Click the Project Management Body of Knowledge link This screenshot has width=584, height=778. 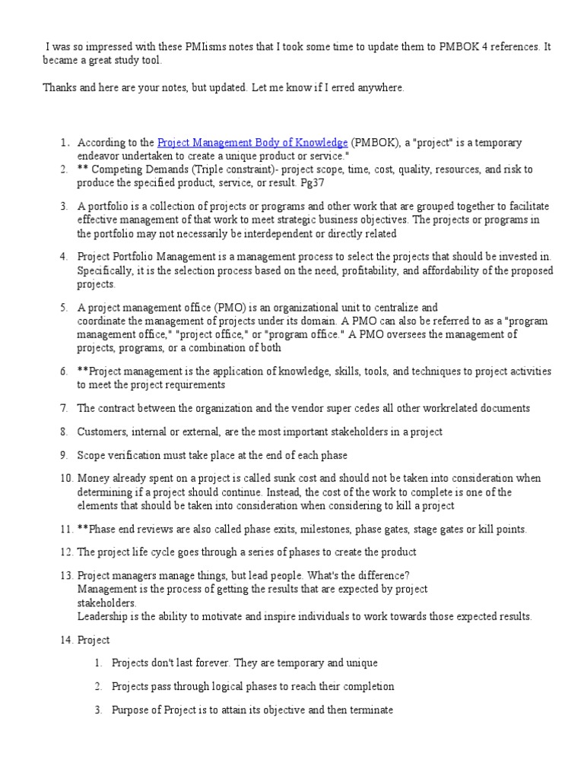[252, 142]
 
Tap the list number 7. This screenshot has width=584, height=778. [65, 408]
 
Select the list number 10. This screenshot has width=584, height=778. [65, 478]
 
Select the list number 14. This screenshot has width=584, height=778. [65, 640]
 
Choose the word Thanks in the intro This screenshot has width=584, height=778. [58, 88]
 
